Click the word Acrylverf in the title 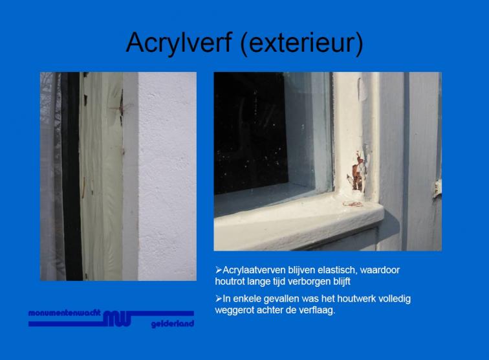179,43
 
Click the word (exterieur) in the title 302,43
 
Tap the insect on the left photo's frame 122,107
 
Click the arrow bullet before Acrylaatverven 219,270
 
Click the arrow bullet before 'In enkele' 219,298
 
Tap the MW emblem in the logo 117,319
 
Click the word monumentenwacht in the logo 65,313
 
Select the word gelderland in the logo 173,324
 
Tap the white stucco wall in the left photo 167,176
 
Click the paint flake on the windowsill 353,204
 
